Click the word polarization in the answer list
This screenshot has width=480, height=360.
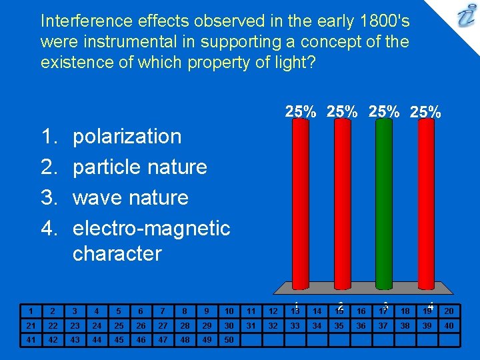[127, 136]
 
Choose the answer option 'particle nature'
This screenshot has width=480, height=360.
[140, 167]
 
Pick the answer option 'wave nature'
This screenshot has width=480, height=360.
[131, 197]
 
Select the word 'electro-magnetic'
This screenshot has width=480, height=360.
[151, 228]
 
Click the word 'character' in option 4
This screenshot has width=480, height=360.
[117, 253]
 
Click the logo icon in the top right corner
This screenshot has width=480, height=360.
[465, 16]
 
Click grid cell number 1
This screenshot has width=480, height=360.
[31, 311]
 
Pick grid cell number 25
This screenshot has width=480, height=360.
[119, 325]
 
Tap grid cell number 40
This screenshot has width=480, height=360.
[449, 325]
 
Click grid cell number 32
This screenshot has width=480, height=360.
[273, 325]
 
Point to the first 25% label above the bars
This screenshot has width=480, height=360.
[301, 112]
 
